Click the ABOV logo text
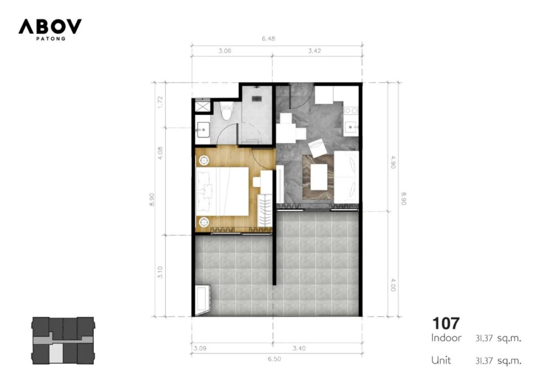pos(50,26)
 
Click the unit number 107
pos(446,324)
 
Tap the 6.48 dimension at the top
pos(268,39)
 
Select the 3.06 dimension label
pos(225,51)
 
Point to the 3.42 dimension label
pos(314,51)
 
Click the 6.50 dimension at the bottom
pos(274,359)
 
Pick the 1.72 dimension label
pos(160,102)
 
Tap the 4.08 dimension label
pos(160,153)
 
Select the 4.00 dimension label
pos(393,284)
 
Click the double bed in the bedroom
pos(222,192)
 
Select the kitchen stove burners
pos(351,111)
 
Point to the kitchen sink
pos(351,127)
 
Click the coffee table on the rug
pos(318,177)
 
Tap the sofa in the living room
pos(346,177)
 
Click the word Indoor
pos(447,338)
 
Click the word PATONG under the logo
pos(51,39)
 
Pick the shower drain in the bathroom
pos(257,99)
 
